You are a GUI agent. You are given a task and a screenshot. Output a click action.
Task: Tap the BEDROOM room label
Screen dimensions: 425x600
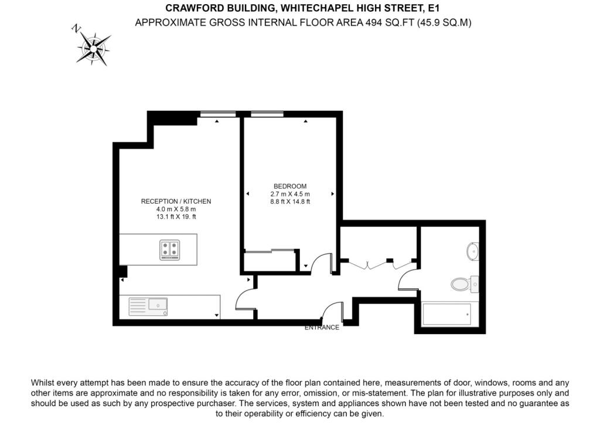(290, 187)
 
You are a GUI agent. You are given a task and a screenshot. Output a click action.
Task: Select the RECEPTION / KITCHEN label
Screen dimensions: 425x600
(176, 201)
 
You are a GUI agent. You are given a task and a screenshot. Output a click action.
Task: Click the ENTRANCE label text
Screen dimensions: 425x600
(322, 328)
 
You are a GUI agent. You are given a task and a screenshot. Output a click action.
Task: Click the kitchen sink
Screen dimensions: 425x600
(157, 305)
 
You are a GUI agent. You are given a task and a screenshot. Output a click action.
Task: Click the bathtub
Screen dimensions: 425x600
(446, 315)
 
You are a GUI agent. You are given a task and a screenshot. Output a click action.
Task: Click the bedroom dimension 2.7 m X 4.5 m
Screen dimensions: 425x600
(290, 194)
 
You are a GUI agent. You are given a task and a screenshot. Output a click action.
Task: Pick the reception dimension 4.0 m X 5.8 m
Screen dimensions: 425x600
(176, 209)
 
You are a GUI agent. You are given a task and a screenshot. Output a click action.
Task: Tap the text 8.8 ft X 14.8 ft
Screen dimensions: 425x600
(290, 202)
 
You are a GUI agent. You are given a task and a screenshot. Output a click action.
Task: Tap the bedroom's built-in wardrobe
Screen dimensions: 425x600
(270, 261)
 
